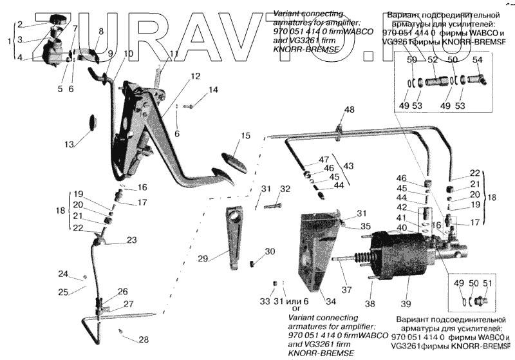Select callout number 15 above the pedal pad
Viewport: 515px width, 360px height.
pos(245,136)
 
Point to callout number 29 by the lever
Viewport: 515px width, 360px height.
pos(203,258)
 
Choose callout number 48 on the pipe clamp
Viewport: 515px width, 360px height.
pos(348,110)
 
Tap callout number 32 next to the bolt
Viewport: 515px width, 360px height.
pos(285,189)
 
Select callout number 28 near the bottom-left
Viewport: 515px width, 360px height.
pos(143,340)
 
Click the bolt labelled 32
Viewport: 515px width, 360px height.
pos(274,206)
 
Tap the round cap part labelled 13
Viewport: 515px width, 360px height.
pos(91,120)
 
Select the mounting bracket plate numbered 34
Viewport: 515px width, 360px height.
pos(315,251)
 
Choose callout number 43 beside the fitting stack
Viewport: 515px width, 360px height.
pos(348,166)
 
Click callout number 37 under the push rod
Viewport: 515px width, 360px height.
pos(347,290)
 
